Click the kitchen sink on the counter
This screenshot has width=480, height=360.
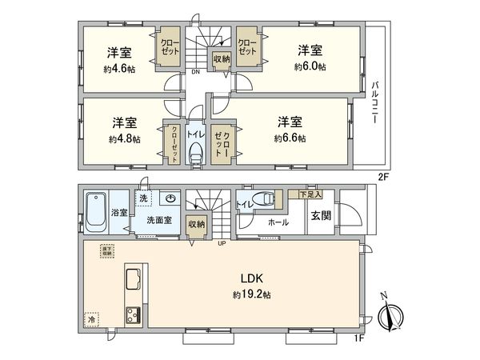tap(133, 281)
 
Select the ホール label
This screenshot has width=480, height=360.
tap(278, 222)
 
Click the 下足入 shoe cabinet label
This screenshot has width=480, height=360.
tap(310, 194)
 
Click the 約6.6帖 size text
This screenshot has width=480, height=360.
tap(289, 138)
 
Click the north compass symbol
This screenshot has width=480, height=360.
tap(391, 315)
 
